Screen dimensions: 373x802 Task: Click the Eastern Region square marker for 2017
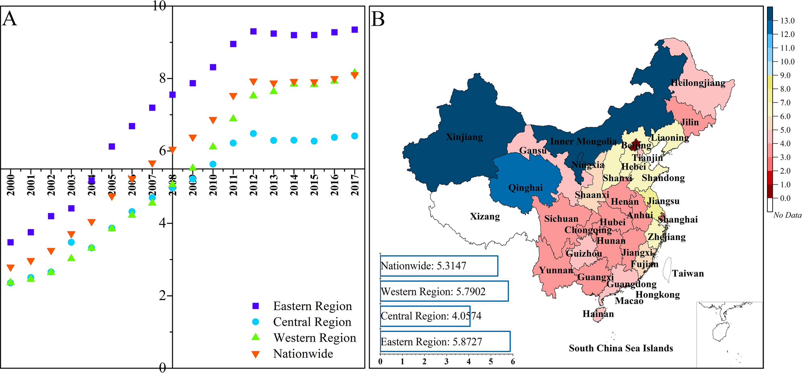355,30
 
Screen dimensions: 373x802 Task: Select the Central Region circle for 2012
253,133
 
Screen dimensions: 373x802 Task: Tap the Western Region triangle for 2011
233,118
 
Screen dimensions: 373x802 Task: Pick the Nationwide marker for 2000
11,268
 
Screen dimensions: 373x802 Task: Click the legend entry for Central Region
312,322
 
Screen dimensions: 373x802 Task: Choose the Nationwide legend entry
303,354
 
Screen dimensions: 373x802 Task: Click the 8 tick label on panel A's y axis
162,78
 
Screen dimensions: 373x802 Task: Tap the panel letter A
10,19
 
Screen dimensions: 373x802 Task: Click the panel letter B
378,19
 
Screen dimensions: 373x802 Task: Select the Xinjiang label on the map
464,137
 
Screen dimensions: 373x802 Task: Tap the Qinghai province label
525,188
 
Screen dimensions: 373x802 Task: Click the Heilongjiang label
698,83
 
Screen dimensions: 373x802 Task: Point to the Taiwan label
688,274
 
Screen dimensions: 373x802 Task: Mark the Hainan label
598,314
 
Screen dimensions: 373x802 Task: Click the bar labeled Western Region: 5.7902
444,291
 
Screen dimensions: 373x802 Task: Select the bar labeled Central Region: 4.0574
425,316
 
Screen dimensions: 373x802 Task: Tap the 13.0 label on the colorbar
787,21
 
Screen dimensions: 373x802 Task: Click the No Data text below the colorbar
787,215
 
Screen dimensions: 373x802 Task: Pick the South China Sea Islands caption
621,348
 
